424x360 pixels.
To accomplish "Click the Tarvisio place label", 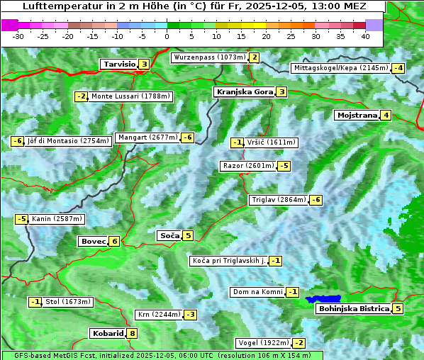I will (x=118, y=64).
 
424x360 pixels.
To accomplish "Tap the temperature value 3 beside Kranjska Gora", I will (x=281, y=91).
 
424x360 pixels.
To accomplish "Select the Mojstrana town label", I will (x=357, y=116).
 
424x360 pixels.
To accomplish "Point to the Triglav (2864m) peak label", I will (x=279, y=200).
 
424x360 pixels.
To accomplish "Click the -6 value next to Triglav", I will (x=316, y=200).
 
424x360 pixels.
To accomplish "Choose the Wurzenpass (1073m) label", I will (x=210, y=57).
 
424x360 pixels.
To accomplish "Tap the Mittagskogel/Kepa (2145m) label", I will (x=341, y=68).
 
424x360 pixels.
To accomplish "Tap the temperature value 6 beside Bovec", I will (x=115, y=241).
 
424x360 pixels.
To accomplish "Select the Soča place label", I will (x=169, y=235).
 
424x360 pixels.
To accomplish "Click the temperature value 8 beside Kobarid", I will (x=132, y=333).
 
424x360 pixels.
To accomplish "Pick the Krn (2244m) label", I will (x=160, y=314).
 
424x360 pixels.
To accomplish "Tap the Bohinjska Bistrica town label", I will (x=354, y=308).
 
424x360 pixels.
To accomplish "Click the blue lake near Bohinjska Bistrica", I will (x=323, y=299).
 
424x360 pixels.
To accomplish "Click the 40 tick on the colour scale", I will (x=365, y=35).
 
